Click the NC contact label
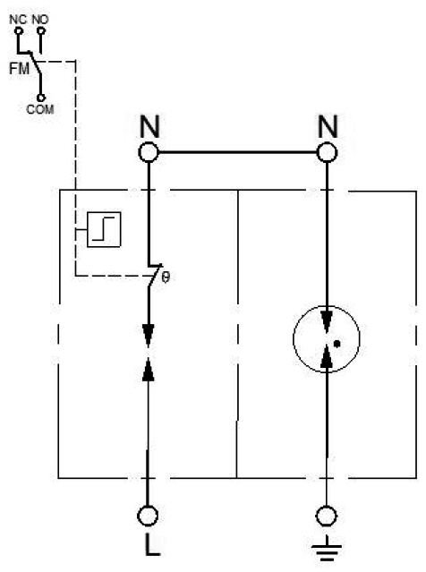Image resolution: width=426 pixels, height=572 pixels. pyautogui.click(x=18, y=20)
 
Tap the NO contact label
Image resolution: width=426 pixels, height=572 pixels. pyautogui.click(x=40, y=20)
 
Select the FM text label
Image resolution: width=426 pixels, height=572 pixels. pyautogui.click(x=19, y=68)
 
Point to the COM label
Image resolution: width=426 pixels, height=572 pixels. pyautogui.click(x=40, y=109)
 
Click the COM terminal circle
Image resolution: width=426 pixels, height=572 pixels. pyautogui.click(x=41, y=98)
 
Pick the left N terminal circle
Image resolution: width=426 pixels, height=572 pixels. pyautogui.click(x=149, y=152)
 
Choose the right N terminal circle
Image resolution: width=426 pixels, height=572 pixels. pyautogui.click(x=327, y=152)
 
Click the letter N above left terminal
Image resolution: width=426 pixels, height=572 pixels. pyautogui.click(x=149, y=126)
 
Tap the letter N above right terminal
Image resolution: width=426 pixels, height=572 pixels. pyautogui.click(x=328, y=126)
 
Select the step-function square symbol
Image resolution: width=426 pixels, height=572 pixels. pyautogui.click(x=104, y=229)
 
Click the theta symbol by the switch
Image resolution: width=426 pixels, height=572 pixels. pyautogui.click(x=166, y=277)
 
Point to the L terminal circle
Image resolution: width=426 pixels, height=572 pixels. pyautogui.click(x=148, y=516)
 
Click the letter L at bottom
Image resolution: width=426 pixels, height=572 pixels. pyautogui.click(x=152, y=544)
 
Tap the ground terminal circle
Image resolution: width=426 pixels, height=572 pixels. pyautogui.click(x=326, y=516)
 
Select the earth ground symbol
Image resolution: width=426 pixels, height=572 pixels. pyautogui.click(x=327, y=548)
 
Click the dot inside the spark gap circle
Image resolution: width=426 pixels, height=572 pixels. pyautogui.click(x=337, y=343)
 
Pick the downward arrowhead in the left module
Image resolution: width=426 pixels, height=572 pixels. pyautogui.click(x=148, y=335)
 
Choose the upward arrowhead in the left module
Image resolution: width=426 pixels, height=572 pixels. pyautogui.click(x=148, y=370)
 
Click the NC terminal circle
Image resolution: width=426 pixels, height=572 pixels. pyautogui.click(x=18, y=31)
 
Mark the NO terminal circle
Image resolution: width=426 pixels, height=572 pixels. pyautogui.click(x=41, y=31)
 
